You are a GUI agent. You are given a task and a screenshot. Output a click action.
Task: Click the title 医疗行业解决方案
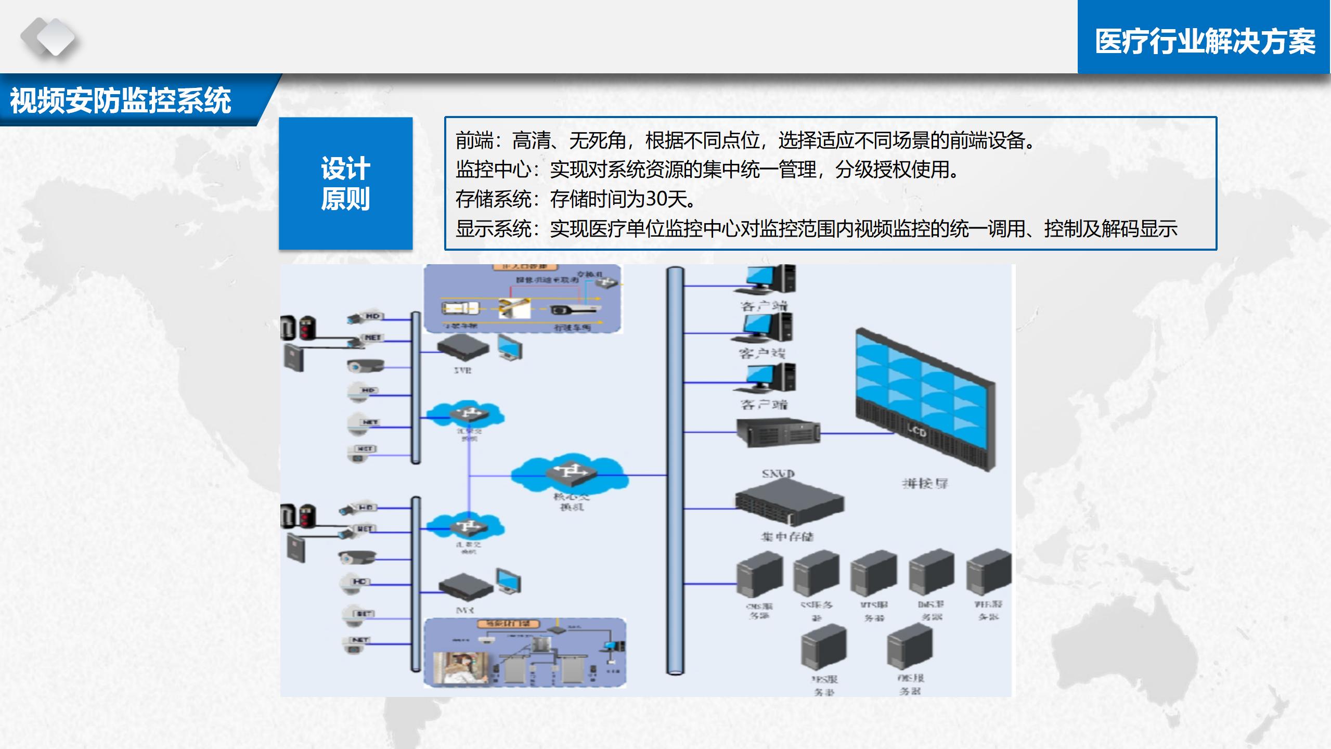(x=1205, y=42)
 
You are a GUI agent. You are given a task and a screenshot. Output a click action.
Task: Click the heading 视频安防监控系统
(x=121, y=101)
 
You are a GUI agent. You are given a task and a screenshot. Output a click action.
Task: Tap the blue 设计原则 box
(x=345, y=184)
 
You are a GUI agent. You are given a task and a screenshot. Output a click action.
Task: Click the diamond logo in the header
(x=48, y=37)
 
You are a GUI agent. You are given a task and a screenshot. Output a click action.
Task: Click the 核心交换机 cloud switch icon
(x=570, y=473)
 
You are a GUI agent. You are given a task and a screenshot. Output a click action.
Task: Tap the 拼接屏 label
(x=925, y=484)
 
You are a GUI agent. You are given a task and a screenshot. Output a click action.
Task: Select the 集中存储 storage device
(x=789, y=502)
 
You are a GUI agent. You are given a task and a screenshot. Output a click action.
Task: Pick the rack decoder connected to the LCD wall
(x=778, y=431)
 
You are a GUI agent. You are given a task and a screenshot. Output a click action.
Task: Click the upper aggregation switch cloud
(x=468, y=415)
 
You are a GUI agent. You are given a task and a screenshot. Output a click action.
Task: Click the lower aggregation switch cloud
(x=468, y=527)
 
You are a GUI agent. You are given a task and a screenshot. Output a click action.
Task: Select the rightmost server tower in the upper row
(x=988, y=572)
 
